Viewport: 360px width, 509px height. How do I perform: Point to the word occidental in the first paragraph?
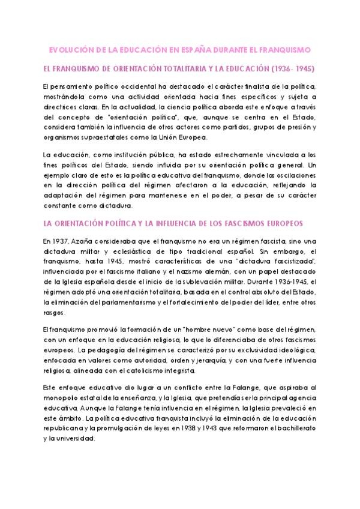click(136, 87)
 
